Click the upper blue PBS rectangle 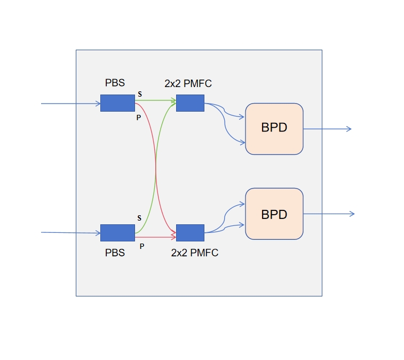pyautogui.click(x=117, y=103)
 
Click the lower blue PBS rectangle pyautogui.click(x=117, y=233)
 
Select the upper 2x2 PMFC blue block pyautogui.click(x=190, y=103)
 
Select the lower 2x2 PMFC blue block pyautogui.click(x=190, y=233)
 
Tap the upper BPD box pyautogui.click(x=274, y=129)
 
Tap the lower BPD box pyautogui.click(x=274, y=214)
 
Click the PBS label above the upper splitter pyautogui.click(x=115, y=84)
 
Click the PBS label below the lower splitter pyautogui.click(x=115, y=253)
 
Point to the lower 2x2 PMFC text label pyautogui.click(x=195, y=253)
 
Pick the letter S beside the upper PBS pyautogui.click(x=140, y=94)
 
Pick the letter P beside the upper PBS pyautogui.click(x=138, y=118)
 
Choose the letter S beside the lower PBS pyautogui.click(x=139, y=218)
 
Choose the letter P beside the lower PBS pyautogui.click(x=141, y=246)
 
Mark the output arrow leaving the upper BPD pyautogui.click(x=327, y=129)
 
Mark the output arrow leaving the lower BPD pyautogui.click(x=328, y=214)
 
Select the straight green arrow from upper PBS pyautogui.click(x=155, y=99)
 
